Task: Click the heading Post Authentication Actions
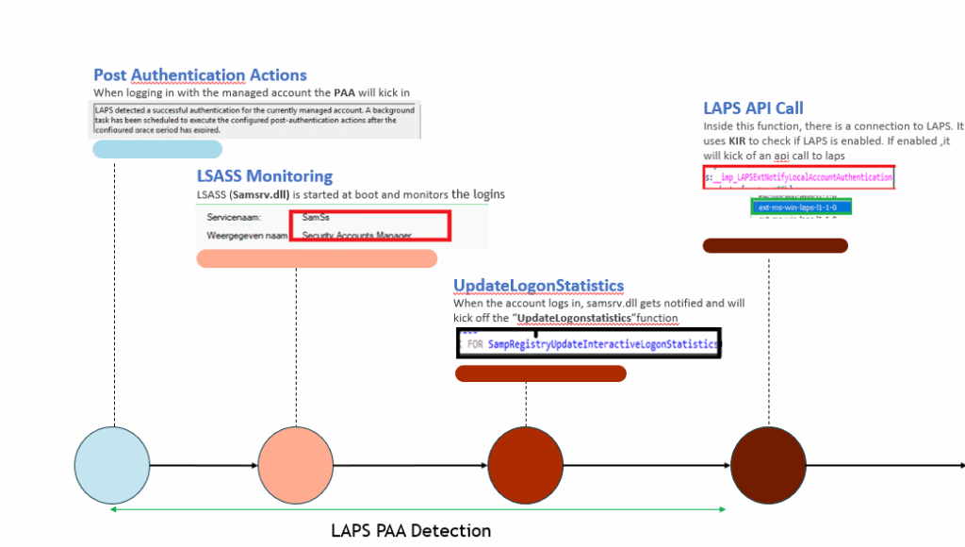(200, 75)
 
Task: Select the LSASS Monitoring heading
(265, 175)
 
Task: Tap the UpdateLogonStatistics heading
(538, 286)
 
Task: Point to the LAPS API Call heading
(753, 108)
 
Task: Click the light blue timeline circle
(112, 466)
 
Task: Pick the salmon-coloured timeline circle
(296, 466)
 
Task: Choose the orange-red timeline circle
(525, 466)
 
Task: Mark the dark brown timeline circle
(768, 466)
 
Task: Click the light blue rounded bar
(157, 150)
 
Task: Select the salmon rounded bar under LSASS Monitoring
(317, 259)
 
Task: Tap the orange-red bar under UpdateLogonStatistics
(541, 373)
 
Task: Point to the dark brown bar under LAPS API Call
(776, 246)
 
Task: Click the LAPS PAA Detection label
(411, 531)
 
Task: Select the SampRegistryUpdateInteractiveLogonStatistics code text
(603, 345)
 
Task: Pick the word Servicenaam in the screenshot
(235, 218)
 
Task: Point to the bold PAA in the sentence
(345, 93)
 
